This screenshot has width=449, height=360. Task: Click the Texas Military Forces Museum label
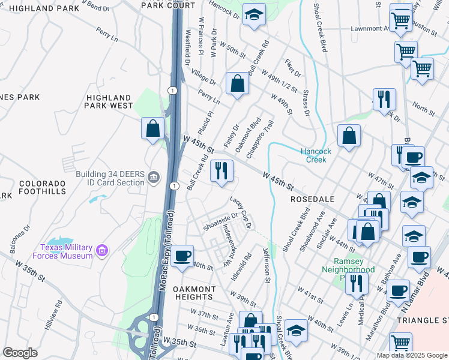point(66,251)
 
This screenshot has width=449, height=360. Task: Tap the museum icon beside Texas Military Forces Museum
point(101,250)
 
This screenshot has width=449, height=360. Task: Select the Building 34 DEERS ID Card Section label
point(110,178)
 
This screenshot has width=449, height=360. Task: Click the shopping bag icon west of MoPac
point(153,128)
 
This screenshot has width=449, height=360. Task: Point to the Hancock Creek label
point(313,155)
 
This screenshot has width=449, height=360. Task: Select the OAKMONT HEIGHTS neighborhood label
point(194,293)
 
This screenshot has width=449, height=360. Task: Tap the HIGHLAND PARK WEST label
point(109,101)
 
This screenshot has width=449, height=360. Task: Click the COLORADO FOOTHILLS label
point(42,187)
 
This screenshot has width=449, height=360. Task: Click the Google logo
point(20,353)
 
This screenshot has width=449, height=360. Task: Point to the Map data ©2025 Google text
point(412,355)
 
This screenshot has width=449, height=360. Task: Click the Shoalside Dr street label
point(220,221)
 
